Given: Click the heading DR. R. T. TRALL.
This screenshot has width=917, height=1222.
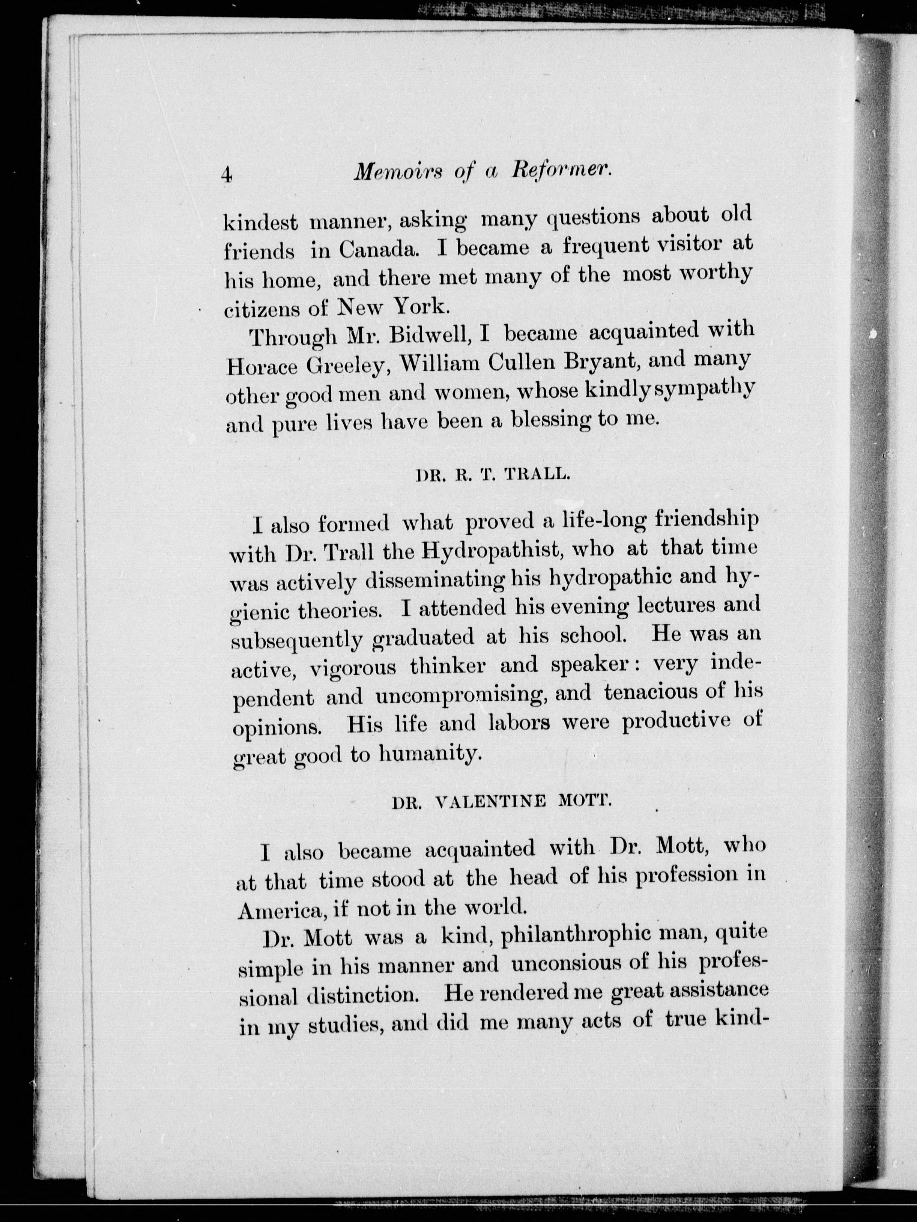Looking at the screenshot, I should [x=492, y=476].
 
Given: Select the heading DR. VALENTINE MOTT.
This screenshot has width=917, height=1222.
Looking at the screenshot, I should [x=501, y=802].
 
